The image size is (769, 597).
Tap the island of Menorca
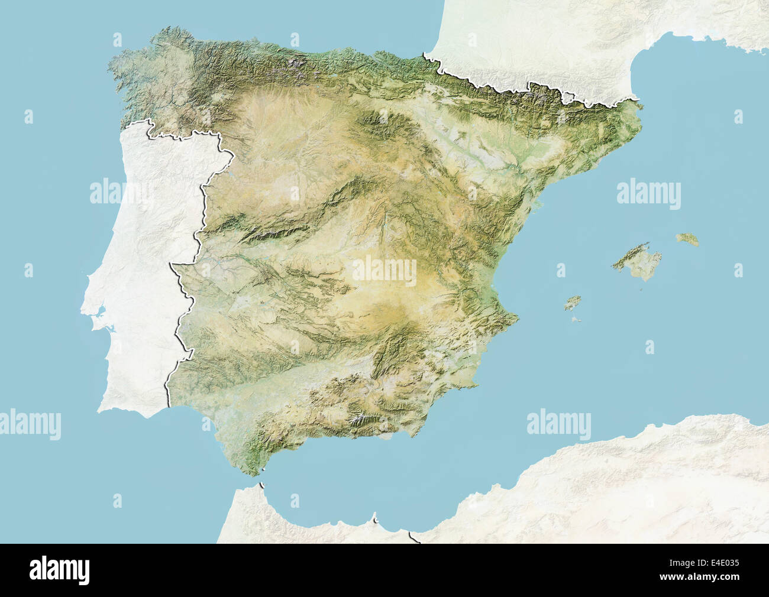pyautogui.click(x=687, y=239)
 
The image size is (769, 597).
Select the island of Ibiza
pyautogui.click(x=571, y=303)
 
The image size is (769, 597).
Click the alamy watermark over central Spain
pyautogui.click(x=384, y=271)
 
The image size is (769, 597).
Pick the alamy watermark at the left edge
pyautogui.click(x=30, y=424)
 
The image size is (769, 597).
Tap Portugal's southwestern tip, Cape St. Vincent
pyautogui.click(x=101, y=408)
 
